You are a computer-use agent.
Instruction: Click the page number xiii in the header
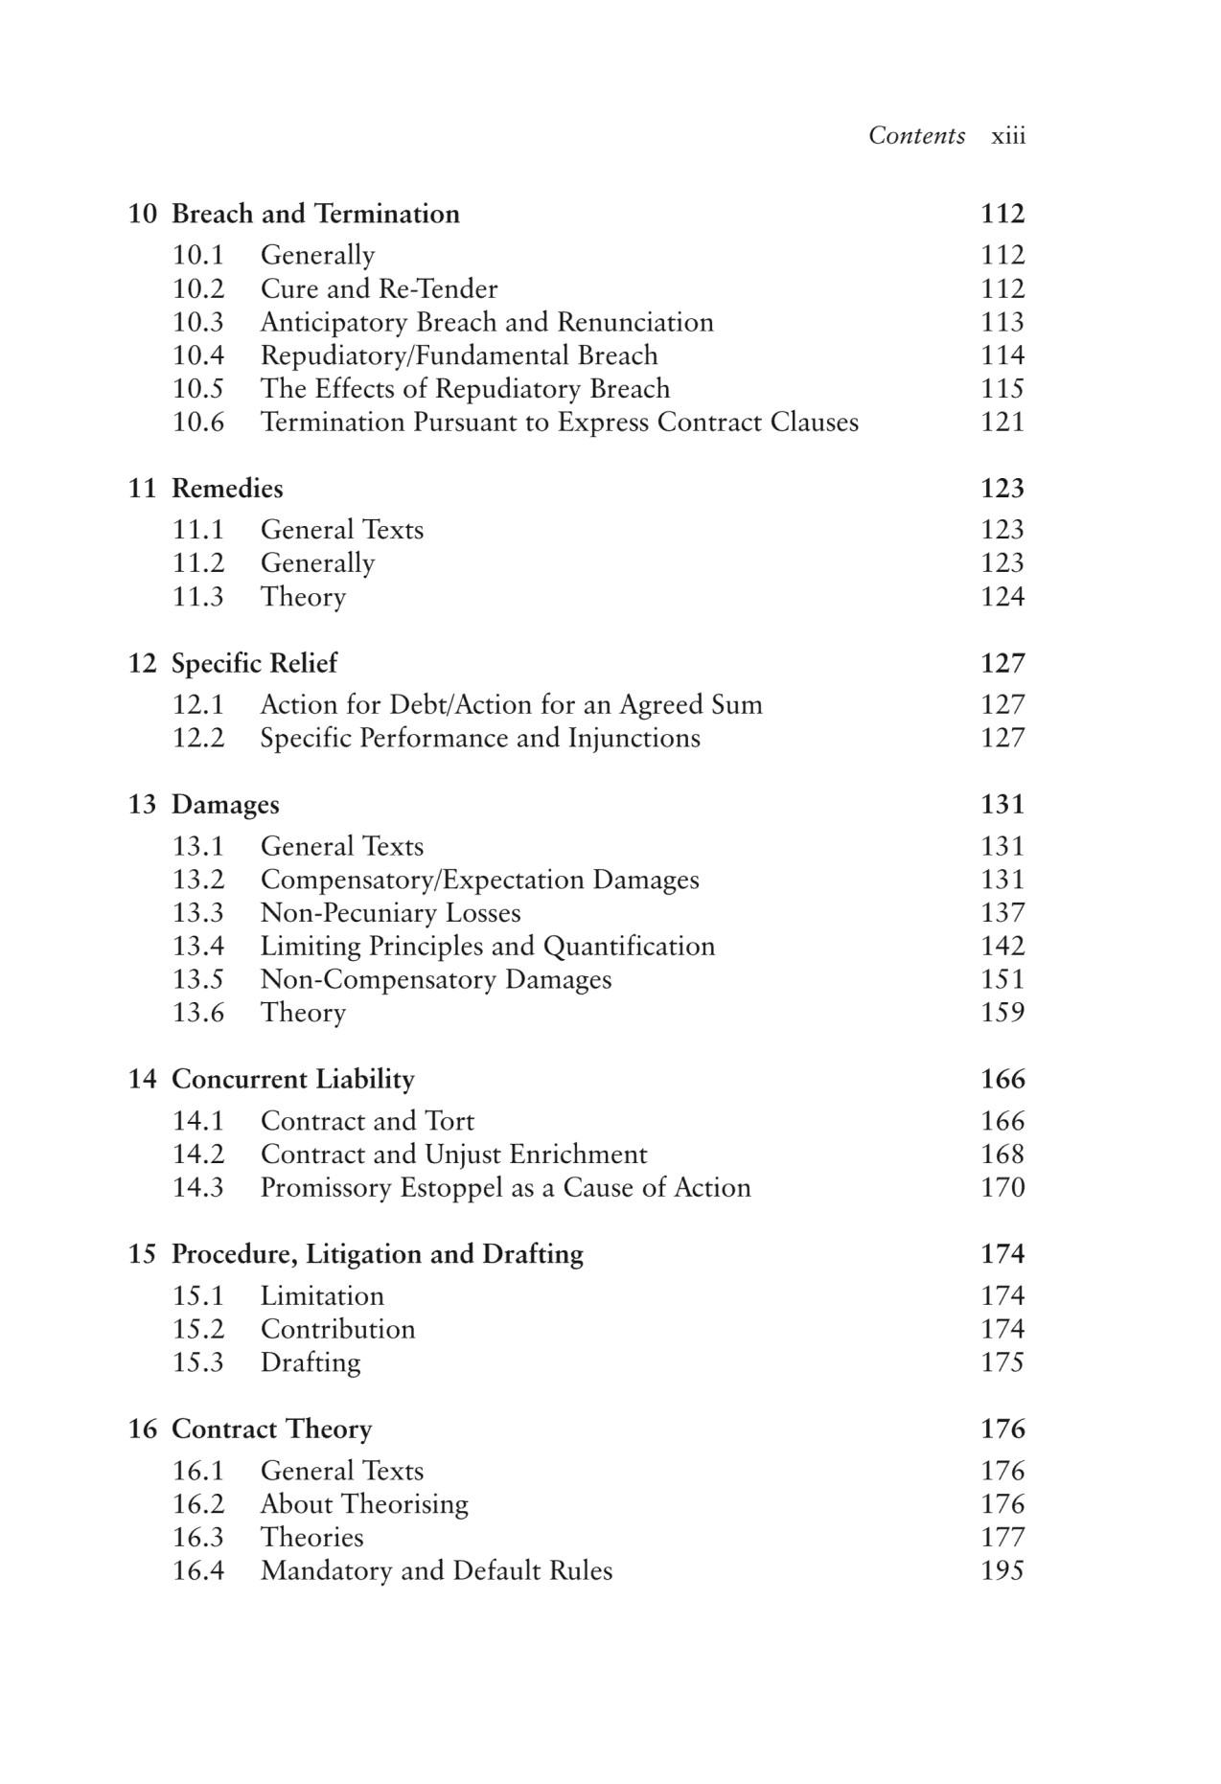tap(1007, 136)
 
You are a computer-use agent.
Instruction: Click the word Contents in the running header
tap(916, 136)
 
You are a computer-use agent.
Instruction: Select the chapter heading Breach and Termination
tap(315, 214)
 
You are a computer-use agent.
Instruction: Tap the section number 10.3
tap(197, 322)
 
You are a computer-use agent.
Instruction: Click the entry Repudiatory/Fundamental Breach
tap(459, 355)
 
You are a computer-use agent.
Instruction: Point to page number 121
tap(1002, 423)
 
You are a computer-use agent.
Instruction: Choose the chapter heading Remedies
tap(227, 489)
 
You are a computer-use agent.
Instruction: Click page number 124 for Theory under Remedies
tap(1002, 597)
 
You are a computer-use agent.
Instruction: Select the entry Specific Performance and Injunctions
tap(480, 738)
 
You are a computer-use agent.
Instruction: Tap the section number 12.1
tap(197, 705)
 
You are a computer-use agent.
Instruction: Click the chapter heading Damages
tap(225, 805)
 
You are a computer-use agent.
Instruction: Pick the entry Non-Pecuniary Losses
tap(390, 913)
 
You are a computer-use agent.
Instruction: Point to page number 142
tap(1002, 947)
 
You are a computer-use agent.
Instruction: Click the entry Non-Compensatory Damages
tap(436, 980)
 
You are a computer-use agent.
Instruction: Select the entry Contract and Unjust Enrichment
tap(453, 1155)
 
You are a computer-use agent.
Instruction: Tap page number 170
tap(1002, 1188)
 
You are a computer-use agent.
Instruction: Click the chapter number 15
tap(142, 1254)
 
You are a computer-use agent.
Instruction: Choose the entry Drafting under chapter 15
tap(311, 1362)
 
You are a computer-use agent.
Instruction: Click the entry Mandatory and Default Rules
tap(436, 1571)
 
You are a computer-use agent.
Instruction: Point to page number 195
tap(1002, 1571)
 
